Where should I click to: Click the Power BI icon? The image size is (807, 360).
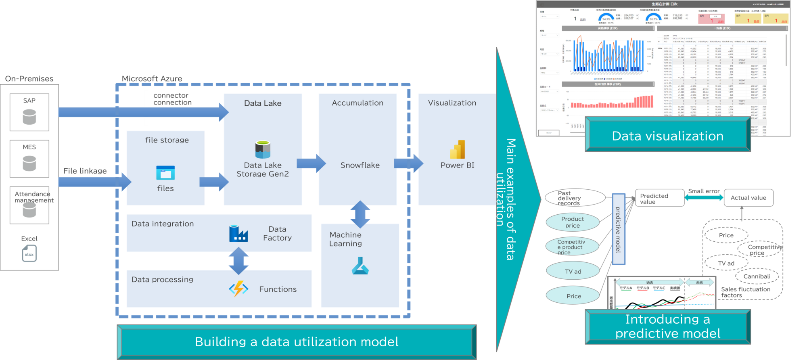[458, 150]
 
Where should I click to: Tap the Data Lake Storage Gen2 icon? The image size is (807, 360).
[263, 149]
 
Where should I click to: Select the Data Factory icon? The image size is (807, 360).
[238, 234]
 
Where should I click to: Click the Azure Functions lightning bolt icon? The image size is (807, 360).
[238, 289]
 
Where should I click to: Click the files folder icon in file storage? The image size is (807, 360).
[165, 172]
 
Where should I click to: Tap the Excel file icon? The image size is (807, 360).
[29, 253]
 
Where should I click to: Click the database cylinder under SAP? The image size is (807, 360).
[29, 117]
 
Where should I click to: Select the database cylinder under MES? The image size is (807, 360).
[29, 163]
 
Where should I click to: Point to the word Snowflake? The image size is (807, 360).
[360, 165]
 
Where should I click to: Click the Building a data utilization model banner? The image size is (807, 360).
[297, 342]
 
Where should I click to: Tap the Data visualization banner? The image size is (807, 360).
[667, 136]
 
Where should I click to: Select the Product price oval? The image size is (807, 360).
[572, 222]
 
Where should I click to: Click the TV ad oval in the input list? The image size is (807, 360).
[573, 272]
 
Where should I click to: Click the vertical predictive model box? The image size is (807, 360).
[618, 229]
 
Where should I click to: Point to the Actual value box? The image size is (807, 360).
[748, 198]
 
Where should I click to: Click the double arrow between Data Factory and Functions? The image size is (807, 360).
[238, 261]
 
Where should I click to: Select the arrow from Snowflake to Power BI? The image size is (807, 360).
[408, 163]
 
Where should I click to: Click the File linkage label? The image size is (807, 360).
[85, 171]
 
